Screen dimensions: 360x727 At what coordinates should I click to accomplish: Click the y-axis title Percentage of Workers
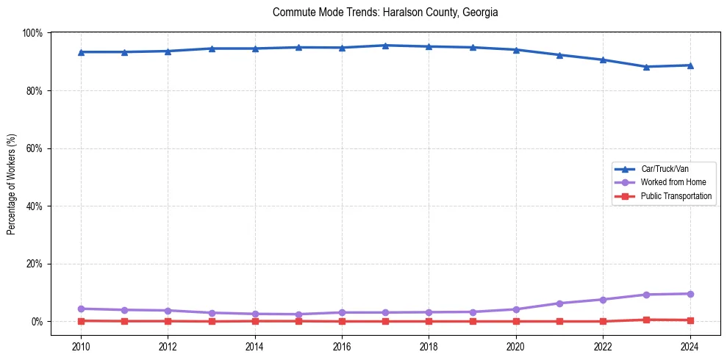pyautogui.click(x=12, y=184)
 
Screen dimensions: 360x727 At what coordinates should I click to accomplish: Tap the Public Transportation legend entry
pyautogui.click(x=676, y=196)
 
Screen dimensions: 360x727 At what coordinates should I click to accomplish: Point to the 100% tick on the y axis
pyautogui.click(x=32, y=33)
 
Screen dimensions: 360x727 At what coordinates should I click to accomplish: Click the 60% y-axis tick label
pyautogui.click(x=34, y=148)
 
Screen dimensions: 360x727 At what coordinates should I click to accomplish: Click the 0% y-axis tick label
pyautogui.click(x=37, y=322)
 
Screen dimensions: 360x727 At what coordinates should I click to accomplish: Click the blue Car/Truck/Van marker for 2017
pyautogui.click(x=385, y=46)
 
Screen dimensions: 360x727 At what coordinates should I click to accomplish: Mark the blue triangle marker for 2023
pyautogui.click(x=646, y=67)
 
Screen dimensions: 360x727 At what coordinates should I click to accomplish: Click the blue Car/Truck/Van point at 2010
pyautogui.click(x=81, y=52)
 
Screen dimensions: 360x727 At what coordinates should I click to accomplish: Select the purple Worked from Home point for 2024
pyautogui.click(x=690, y=294)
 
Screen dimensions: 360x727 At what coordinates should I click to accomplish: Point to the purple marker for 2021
pyautogui.click(x=559, y=303)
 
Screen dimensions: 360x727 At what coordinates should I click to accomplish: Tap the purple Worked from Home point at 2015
pyautogui.click(x=298, y=314)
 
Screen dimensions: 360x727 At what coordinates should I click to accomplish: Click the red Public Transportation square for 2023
pyautogui.click(x=646, y=320)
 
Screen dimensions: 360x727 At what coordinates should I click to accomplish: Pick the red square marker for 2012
pyautogui.click(x=168, y=321)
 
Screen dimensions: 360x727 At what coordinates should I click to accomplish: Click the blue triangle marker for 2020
pyautogui.click(x=516, y=50)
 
